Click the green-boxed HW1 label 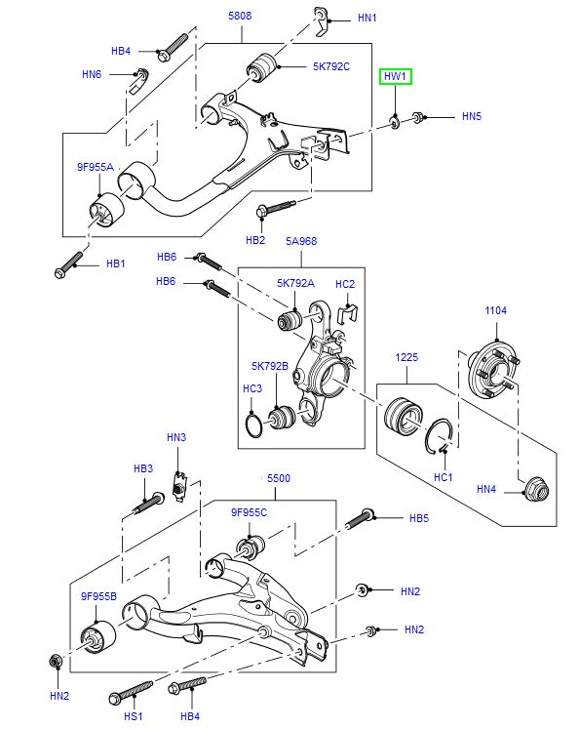pyautogui.click(x=395, y=76)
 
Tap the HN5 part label pyautogui.click(x=472, y=116)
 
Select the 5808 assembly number pyautogui.click(x=240, y=16)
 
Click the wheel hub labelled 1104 pyautogui.click(x=493, y=368)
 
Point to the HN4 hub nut pyautogui.click(x=536, y=489)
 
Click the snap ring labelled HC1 pyautogui.click(x=439, y=436)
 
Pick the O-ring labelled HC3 pyautogui.click(x=253, y=425)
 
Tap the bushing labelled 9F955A pyautogui.click(x=106, y=210)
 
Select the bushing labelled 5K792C pyautogui.click(x=261, y=67)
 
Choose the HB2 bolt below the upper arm pyautogui.click(x=275, y=208)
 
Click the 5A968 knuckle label pyautogui.click(x=301, y=241)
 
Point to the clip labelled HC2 pyautogui.click(x=347, y=314)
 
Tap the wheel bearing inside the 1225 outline pyautogui.click(x=404, y=416)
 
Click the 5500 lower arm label pyautogui.click(x=279, y=478)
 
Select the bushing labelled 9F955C pyautogui.click(x=251, y=547)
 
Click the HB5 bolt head pyautogui.click(x=367, y=513)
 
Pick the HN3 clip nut pyautogui.click(x=179, y=486)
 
